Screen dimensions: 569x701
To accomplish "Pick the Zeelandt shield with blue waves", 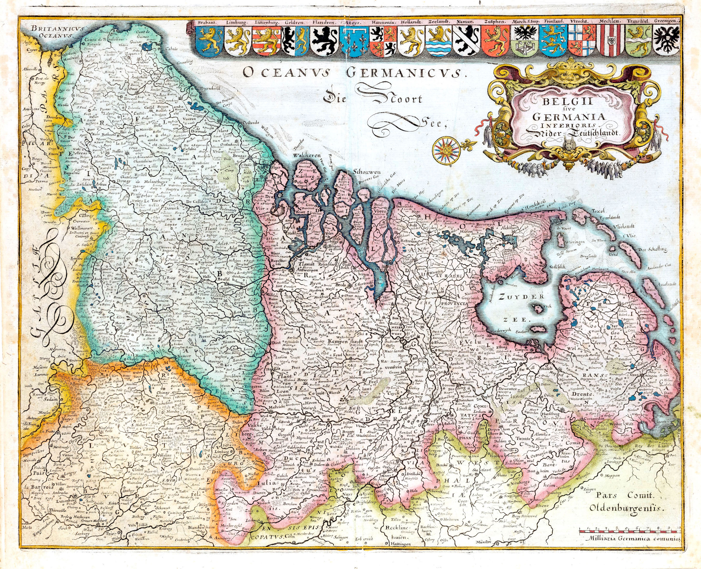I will [439, 41].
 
